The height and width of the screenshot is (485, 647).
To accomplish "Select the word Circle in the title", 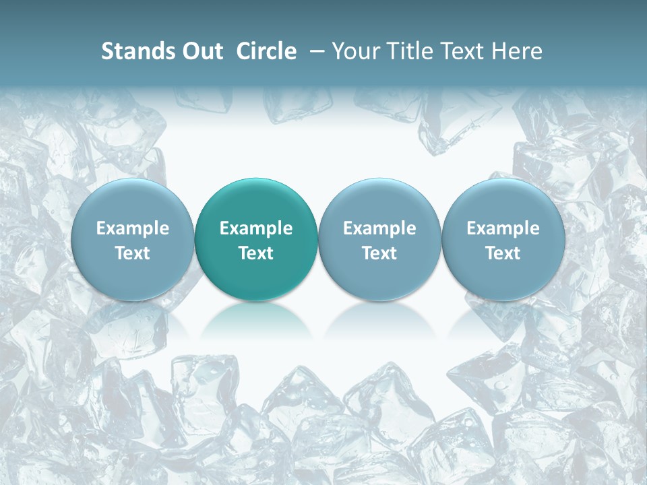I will [x=266, y=51].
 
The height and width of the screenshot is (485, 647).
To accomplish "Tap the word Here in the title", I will [x=517, y=51].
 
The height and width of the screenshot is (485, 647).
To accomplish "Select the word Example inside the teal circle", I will [x=256, y=228].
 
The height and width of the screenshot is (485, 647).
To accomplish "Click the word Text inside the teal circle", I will [x=256, y=253].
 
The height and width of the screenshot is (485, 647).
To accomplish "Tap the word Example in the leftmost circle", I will [x=133, y=228].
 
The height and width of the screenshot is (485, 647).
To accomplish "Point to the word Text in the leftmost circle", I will [x=133, y=253].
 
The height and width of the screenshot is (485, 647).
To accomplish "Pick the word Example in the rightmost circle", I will [x=503, y=228].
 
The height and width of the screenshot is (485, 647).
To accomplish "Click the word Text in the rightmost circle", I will [x=503, y=253].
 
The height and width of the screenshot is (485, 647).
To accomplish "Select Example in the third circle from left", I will [x=379, y=228].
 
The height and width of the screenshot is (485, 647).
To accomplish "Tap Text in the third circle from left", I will [x=379, y=253].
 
